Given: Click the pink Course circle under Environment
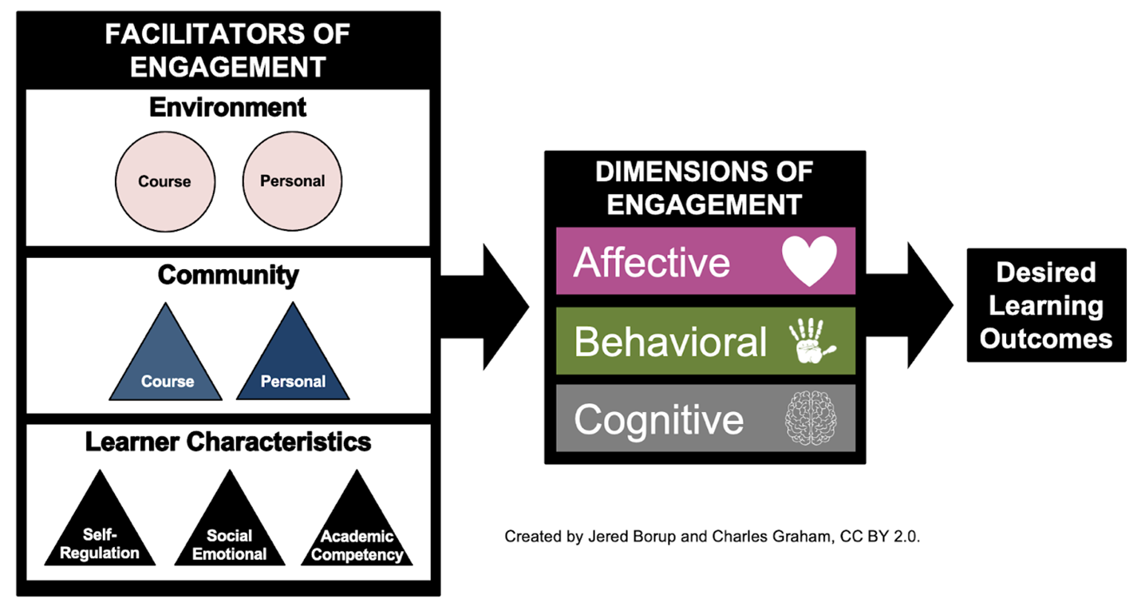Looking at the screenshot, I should click(164, 181).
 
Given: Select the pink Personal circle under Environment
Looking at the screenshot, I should click(292, 181).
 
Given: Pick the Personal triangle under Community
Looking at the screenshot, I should click(293, 363).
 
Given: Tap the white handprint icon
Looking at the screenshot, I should click(811, 342).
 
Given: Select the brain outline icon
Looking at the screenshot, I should click(810, 419).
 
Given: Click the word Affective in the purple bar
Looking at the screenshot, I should click(651, 262).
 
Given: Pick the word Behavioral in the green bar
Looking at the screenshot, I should click(669, 342).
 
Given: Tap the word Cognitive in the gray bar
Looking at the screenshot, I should click(658, 419).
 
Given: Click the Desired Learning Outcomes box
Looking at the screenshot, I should click(1046, 305).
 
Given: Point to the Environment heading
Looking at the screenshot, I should click(227, 107).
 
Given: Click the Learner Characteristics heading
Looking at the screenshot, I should click(228, 441).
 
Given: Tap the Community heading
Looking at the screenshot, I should click(228, 275).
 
